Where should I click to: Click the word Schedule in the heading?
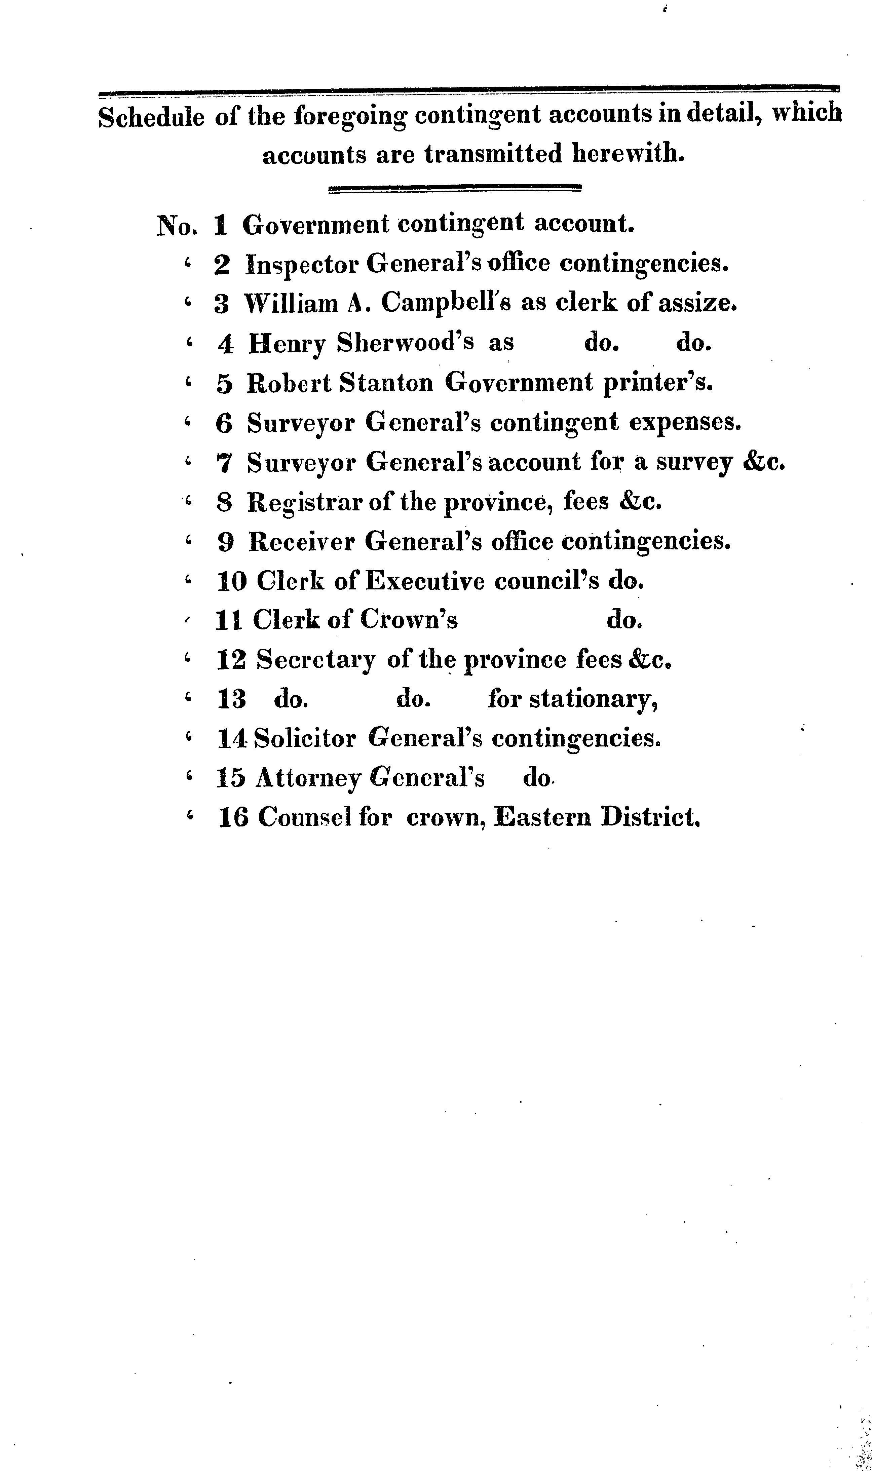[x=151, y=117]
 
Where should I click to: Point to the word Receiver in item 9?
[x=301, y=542]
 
